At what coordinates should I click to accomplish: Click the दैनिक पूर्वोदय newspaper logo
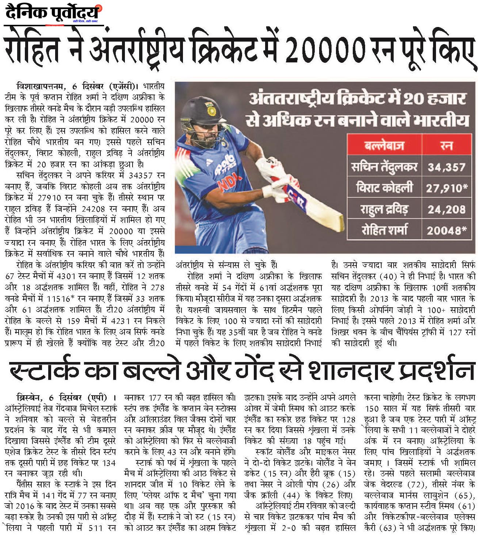[53, 14]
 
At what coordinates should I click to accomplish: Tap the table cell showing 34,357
[446, 167]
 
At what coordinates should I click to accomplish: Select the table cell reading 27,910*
[447, 188]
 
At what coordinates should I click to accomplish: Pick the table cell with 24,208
[446, 209]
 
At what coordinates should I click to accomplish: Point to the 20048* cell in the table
[447, 230]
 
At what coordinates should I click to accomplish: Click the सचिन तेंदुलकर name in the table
[384, 167]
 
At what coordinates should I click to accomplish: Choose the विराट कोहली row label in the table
[384, 188]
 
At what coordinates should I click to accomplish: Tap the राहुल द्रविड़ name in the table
[384, 209]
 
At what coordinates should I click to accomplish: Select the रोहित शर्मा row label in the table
[384, 230]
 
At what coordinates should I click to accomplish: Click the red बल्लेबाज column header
[384, 146]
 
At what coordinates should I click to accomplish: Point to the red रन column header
[447, 146]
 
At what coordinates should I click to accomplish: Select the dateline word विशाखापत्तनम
[40, 86]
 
